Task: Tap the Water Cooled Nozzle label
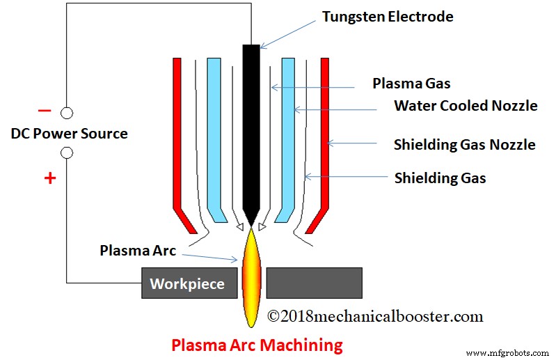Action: (465, 106)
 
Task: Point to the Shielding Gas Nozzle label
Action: (464, 145)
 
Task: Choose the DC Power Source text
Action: (69, 133)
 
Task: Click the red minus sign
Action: (45, 111)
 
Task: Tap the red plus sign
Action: (49, 178)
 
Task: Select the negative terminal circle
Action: (67, 112)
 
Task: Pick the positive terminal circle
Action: (67, 153)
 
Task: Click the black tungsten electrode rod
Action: (251, 125)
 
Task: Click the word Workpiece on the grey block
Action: (187, 284)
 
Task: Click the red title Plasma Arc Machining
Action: (257, 345)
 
